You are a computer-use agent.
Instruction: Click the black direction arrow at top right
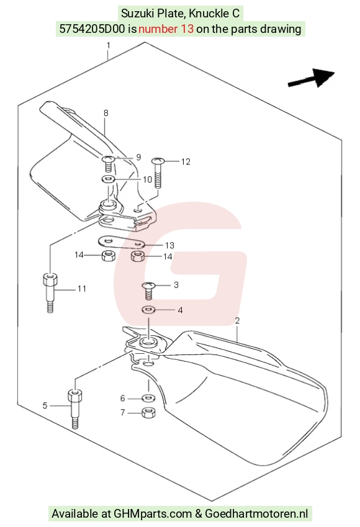[x=311, y=78]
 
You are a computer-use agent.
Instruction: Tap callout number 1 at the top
[x=108, y=45]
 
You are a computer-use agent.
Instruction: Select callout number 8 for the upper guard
[x=106, y=113]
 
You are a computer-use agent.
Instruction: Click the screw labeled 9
[x=108, y=163]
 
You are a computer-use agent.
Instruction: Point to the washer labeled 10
[x=107, y=179]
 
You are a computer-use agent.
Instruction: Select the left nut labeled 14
[x=108, y=256]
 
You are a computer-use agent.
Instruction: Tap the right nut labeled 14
[x=137, y=256]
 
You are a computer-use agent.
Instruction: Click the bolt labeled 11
[x=50, y=293]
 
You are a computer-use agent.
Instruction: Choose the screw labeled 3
[x=148, y=291]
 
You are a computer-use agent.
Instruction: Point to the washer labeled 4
[x=148, y=309]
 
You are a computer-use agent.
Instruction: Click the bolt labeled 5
[x=75, y=408]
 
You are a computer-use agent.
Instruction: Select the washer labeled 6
[x=148, y=399]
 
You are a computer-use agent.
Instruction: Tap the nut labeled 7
[x=148, y=412]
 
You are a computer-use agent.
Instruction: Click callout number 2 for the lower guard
[x=237, y=321]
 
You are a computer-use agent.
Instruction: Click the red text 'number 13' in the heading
[x=166, y=29]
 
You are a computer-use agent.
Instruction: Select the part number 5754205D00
[x=92, y=29]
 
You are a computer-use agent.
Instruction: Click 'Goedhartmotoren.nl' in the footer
[x=256, y=513]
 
